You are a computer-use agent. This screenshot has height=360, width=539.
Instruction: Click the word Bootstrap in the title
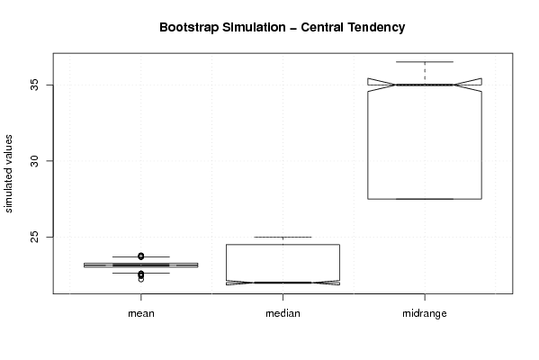pos(188,28)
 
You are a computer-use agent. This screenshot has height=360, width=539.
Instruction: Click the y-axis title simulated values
pos(8,174)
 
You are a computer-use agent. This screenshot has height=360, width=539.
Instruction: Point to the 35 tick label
pos(35,85)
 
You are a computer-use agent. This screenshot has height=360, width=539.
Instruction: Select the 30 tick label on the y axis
pos(35,161)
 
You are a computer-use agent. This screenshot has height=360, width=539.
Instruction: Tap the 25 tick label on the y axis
pos(35,237)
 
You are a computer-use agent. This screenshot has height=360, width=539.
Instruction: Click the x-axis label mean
pos(141,313)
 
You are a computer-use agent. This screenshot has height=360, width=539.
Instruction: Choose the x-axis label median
pos(283,313)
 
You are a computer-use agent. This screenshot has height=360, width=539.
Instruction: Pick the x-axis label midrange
pos(425,313)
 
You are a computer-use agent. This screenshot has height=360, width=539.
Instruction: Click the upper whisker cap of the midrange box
pos(425,62)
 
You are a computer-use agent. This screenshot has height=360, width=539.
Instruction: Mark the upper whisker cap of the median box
pos(283,237)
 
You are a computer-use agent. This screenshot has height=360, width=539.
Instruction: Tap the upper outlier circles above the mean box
pos(141,256)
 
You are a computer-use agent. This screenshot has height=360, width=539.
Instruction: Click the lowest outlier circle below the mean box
pos(141,279)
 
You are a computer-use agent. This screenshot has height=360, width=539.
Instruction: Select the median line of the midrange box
pos(425,85)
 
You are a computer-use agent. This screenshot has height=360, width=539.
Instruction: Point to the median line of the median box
pos(283,283)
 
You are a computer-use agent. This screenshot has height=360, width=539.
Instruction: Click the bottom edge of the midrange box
pos(425,199)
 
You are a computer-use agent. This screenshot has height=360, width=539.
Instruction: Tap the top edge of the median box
pos(283,245)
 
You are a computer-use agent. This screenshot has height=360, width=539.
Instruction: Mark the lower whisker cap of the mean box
pos(141,273)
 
